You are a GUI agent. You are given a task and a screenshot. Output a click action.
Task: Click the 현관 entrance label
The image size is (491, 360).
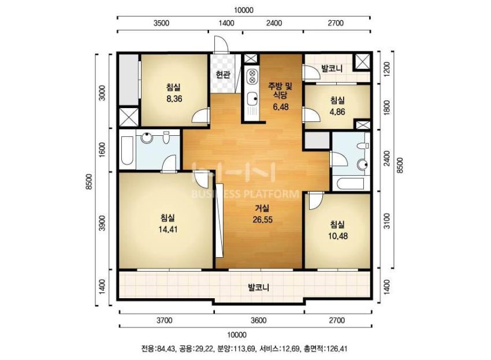[x=224, y=75]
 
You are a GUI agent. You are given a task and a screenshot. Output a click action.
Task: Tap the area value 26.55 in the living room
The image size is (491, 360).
[x=262, y=220]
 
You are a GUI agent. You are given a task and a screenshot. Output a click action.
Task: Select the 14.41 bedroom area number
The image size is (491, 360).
[x=168, y=229]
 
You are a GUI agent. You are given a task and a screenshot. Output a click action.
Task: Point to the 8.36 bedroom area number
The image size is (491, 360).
[x=174, y=99]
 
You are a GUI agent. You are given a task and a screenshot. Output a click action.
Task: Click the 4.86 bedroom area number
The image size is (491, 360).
[x=337, y=112]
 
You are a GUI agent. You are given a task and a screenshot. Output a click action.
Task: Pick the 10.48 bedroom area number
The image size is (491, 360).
[x=338, y=236]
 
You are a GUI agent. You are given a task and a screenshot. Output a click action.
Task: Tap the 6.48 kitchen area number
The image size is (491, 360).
[x=281, y=107]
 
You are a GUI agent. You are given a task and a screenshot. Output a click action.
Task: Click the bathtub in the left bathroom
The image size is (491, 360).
[x=128, y=151]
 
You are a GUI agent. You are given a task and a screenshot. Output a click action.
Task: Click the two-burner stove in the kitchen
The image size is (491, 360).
[x=251, y=77]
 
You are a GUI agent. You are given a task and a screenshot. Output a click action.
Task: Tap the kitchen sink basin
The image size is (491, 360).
[x=252, y=99]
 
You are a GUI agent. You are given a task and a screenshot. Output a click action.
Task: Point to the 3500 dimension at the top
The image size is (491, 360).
[x=162, y=23]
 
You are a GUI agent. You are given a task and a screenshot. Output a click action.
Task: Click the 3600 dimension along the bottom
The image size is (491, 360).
[x=259, y=320]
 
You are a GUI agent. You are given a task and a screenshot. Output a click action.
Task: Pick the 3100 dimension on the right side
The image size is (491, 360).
[x=387, y=221]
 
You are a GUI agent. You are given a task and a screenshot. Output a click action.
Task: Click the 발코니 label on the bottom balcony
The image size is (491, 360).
[x=259, y=287]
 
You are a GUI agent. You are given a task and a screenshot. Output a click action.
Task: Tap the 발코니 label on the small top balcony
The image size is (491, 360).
[x=332, y=68]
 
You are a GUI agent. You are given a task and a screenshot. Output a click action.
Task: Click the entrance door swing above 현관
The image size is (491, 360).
[x=221, y=44]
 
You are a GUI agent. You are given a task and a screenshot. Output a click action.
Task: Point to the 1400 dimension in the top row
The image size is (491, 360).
[x=226, y=23]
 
